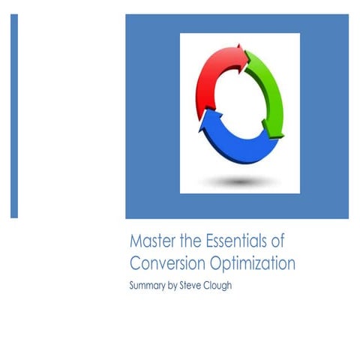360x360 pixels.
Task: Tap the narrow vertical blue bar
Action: click(14, 115)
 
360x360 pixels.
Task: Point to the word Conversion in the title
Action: click(164, 263)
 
